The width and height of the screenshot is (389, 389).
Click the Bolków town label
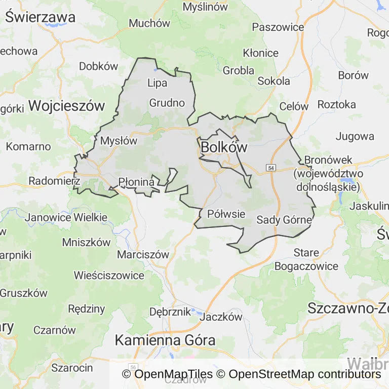click(x=224, y=147)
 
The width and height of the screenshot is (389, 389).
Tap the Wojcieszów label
click(x=66, y=106)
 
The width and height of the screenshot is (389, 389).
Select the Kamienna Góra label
click(x=165, y=340)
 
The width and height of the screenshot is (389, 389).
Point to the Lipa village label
click(x=157, y=83)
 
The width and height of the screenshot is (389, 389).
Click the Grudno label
click(x=167, y=103)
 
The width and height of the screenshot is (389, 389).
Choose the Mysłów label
click(x=119, y=141)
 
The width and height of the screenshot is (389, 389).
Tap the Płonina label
click(x=136, y=181)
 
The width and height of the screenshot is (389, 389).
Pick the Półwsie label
click(x=226, y=214)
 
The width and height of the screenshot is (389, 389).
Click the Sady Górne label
click(x=284, y=220)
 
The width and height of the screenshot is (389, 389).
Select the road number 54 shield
click(x=272, y=168)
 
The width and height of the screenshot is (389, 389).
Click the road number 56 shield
click(x=133, y=366)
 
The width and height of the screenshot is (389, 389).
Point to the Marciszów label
click(x=143, y=254)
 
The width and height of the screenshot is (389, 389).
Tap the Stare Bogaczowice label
click(x=306, y=259)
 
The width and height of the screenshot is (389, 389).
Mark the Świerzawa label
click(x=41, y=17)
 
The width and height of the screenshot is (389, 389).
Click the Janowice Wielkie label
click(x=66, y=217)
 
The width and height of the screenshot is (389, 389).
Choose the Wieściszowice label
click(x=109, y=276)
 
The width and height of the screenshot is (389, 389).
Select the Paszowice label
click(x=278, y=27)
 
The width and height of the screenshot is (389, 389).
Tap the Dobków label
click(x=98, y=66)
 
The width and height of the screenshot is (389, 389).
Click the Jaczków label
click(x=221, y=317)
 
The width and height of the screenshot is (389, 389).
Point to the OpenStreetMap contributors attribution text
click(x=304, y=374)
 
